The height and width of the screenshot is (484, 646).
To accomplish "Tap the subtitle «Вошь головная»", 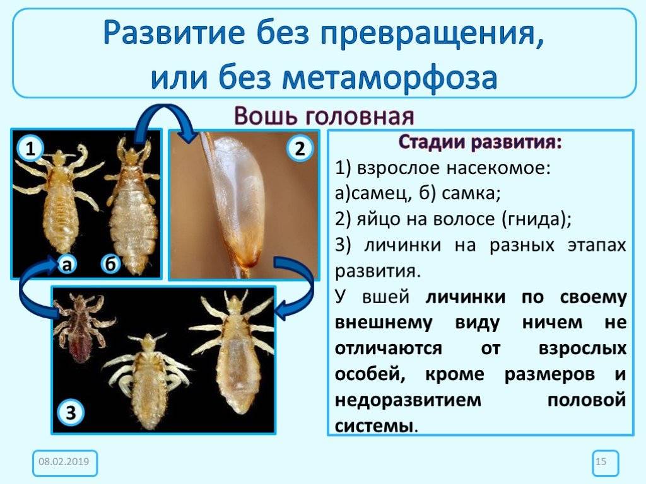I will coord(324,117).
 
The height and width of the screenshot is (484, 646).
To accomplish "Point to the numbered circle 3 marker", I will coord(71,413).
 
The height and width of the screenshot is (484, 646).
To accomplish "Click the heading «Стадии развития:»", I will coord(479,142).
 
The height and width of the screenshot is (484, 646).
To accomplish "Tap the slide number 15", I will coord(601,463).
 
